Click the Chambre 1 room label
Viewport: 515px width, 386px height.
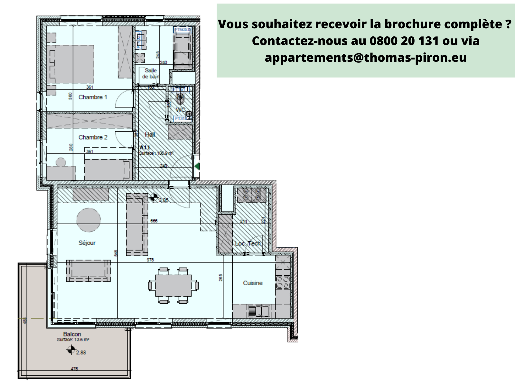pos(93,97)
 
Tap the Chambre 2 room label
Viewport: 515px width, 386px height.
pos(93,137)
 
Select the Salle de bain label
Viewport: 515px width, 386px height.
pos(151,73)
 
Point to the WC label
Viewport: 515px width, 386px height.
pos(181,110)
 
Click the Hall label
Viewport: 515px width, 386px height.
pos(150,134)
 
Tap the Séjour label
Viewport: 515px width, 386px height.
pos(87,243)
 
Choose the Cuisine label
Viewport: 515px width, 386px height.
pos(253,283)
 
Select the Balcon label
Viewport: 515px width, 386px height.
pos(72,334)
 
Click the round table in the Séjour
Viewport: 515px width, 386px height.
pos(89,220)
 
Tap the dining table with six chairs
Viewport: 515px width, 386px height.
pos(173,285)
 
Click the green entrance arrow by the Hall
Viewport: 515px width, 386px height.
pos(197,166)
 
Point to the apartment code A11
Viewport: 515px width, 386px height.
pos(145,147)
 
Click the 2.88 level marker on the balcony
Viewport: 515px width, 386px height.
pos(81,353)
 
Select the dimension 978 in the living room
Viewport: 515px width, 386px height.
pos(150,260)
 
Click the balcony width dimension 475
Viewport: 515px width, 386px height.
pos(74,369)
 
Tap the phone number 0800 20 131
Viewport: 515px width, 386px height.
pos(404,41)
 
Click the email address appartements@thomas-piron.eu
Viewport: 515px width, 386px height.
pos(366,58)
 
